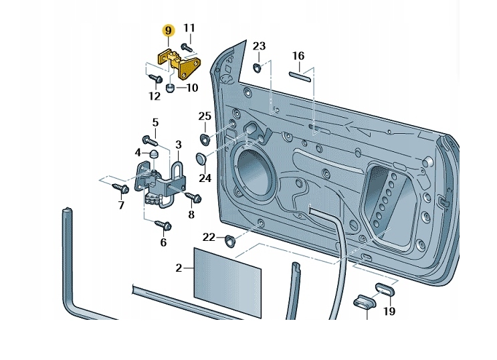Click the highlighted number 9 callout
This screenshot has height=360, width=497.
(x=169, y=31)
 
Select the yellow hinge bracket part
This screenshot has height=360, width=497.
(x=179, y=63)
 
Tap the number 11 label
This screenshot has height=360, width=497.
(x=189, y=28)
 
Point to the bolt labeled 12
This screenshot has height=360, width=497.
(x=155, y=78)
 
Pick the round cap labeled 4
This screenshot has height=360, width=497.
(x=153, y=153)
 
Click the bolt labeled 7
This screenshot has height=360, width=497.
(x=120, y=188)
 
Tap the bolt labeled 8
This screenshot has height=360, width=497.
(x=193, y=197)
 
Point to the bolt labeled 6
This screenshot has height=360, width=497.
(x=164, y=226)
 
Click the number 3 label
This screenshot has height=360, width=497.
(x=179, y=145)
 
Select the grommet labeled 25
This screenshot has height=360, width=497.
(x=206, y=139)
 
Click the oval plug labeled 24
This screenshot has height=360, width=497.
(x=201, y=159)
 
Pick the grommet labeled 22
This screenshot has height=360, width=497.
(x=229, y=241)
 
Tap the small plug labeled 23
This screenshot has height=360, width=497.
(x=257, y=68)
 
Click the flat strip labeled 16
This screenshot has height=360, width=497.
(x=300, y=77)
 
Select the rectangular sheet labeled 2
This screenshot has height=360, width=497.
(x=227, y=282)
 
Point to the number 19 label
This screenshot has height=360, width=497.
(x=389, y=311)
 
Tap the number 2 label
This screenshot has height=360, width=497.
(x=179, y=268)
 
